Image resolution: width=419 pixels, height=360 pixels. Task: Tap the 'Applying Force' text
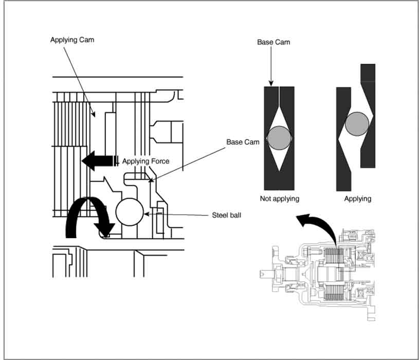click(145, 161)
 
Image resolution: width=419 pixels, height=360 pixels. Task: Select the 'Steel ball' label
click(226, 215)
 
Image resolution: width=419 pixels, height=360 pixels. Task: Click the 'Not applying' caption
click(280, 199)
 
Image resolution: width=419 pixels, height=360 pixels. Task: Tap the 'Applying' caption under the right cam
click(357, 199)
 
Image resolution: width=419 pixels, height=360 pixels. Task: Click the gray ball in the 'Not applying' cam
click(280, 138)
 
